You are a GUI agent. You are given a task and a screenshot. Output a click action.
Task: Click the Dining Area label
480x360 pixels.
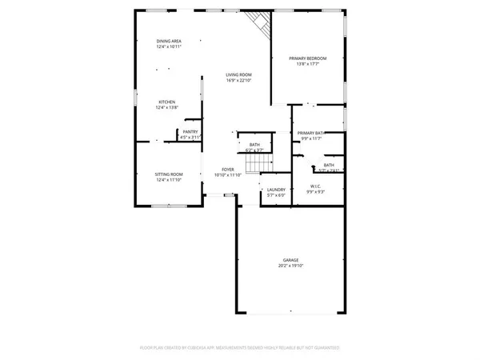[x=169, y=41]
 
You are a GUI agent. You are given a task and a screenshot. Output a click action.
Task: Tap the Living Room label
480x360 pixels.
[x=238, y=74]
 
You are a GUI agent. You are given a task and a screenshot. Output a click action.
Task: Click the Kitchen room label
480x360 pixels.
[x=166, y=102]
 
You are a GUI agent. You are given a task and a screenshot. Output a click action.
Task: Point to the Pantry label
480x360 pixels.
[x=190, y=131]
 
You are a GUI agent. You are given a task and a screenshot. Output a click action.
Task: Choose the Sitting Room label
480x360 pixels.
[x=170, y=174]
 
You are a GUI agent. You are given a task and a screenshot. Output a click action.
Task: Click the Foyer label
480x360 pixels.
[x=229, y=169]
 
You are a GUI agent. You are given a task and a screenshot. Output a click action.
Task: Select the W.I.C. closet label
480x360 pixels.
[x=315, y=186]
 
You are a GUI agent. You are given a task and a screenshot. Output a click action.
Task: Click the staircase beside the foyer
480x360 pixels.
[x=254, y=164]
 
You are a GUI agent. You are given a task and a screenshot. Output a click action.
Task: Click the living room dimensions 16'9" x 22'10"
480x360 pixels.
[x=238, y=80]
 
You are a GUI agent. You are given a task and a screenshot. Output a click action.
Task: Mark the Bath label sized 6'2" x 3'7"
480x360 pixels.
[x=255, y=145]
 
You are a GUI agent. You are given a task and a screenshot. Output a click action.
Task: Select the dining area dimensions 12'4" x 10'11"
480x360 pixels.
[x=169, y=46]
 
